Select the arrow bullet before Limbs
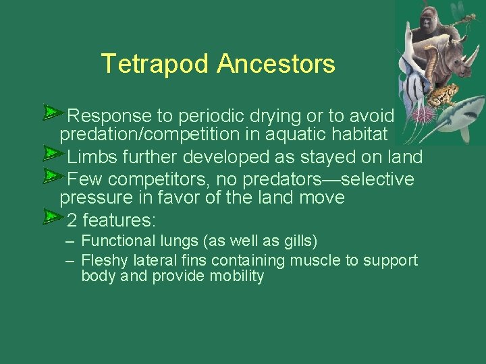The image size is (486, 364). [51, 155]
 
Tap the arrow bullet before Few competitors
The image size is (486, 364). [51, 176]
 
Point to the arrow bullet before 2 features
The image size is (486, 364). [51, 216]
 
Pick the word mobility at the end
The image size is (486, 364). [236, 276]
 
